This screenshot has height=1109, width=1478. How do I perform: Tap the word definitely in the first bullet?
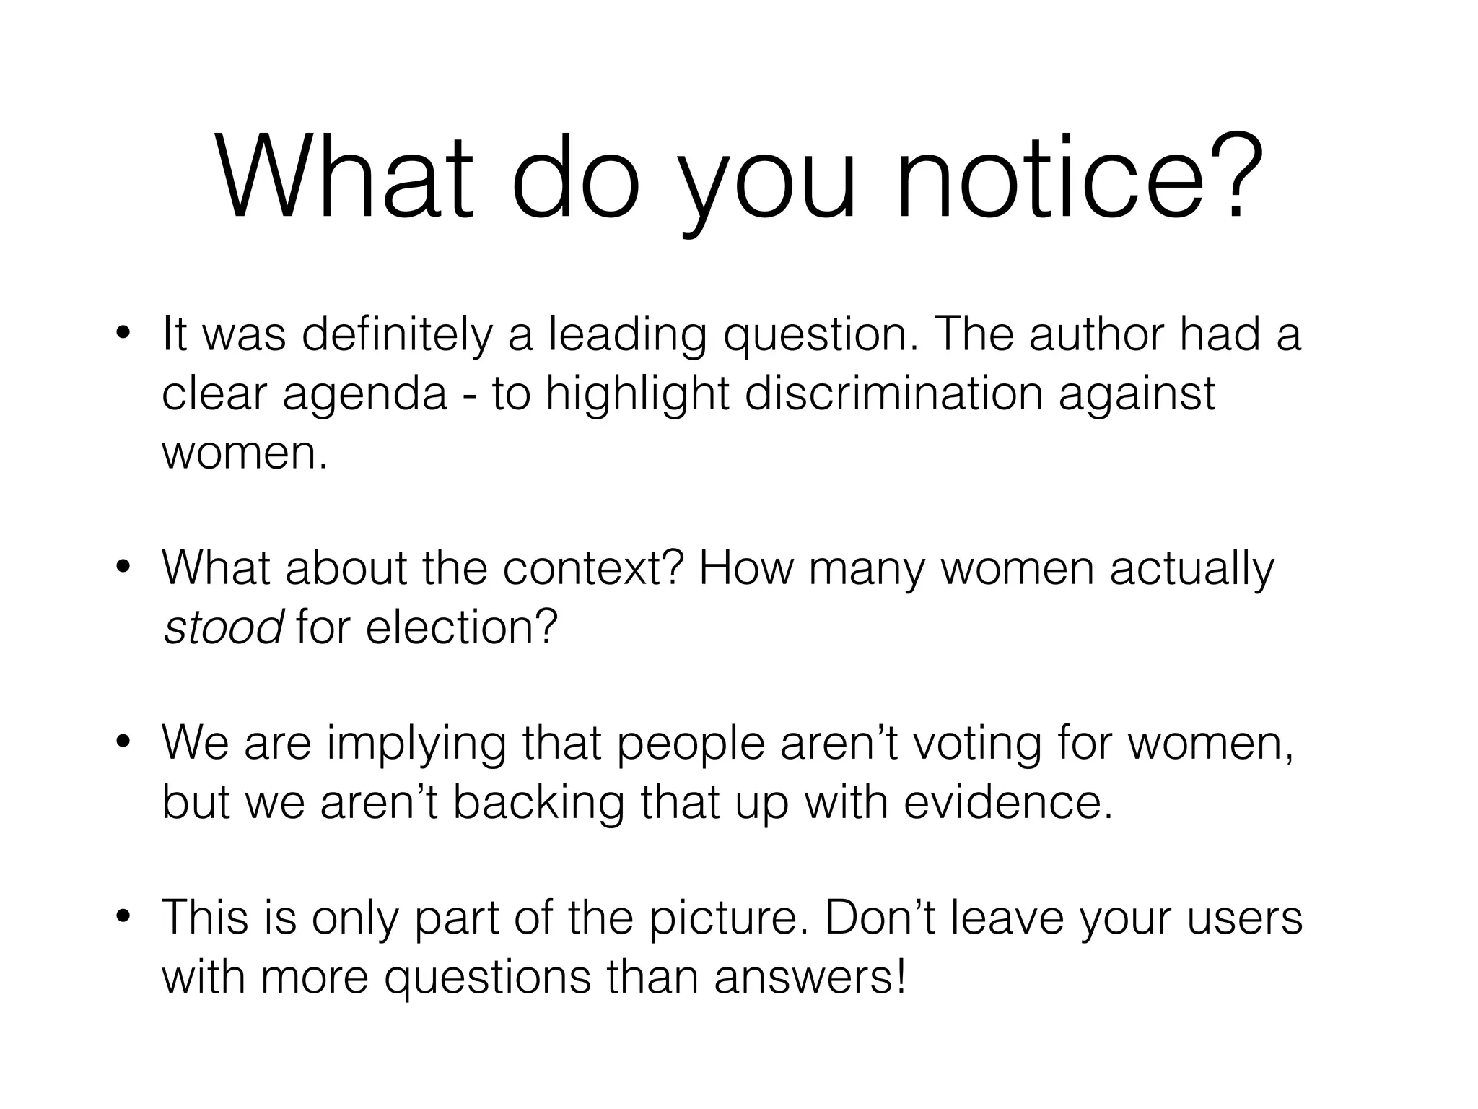(396, 335)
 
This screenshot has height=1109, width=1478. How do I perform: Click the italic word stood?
(222, 627)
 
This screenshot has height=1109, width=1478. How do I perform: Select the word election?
(462, 627)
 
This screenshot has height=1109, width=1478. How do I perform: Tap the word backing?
(538, 804)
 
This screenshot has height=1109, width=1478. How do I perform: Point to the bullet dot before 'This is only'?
(123, 917)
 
